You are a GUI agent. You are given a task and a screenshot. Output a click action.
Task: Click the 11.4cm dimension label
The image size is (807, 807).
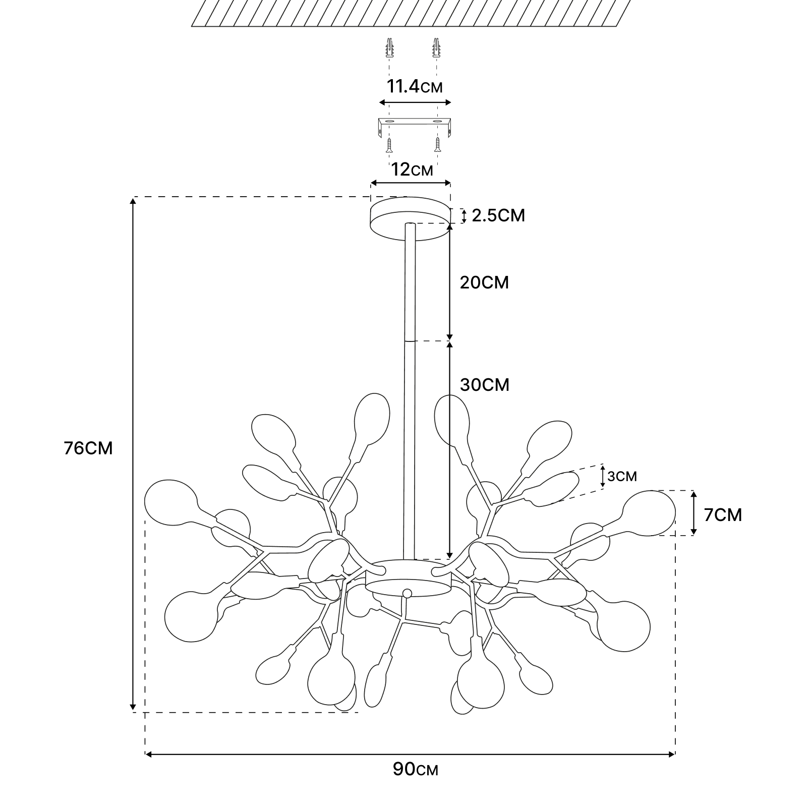[x=415, y=87]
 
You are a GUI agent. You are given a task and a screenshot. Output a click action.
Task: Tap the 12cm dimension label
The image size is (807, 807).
[x=412, y=169]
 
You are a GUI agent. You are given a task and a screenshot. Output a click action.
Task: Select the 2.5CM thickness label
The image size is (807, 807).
[x=498, y=215]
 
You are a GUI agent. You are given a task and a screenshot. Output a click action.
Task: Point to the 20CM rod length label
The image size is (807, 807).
[x=484, y=282]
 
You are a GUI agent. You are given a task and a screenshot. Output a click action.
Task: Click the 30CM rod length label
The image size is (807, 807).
[x=485, y=385]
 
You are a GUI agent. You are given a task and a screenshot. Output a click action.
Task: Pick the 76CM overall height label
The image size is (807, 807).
[x=88, y=448]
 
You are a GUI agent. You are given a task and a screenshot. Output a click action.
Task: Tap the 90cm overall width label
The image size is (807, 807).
[x=415, y=783]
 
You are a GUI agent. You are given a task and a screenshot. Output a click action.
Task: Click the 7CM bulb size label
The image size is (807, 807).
[x=723, y=515]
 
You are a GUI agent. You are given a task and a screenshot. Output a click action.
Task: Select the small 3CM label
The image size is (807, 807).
[x=622, y=476]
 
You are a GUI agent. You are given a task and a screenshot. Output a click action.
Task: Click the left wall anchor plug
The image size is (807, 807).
[x=389, y=49]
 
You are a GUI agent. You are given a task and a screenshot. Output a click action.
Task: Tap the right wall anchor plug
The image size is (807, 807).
[x=435, y=49]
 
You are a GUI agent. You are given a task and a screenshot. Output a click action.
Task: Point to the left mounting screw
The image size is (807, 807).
[x=389, y=145]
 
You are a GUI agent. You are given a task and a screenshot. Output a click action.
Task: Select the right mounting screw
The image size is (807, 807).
[x=437, y=145]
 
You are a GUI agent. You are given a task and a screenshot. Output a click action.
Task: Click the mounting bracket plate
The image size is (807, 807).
[x=415, y=123]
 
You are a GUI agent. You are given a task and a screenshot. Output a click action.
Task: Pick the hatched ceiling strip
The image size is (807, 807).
[x=411, y=13]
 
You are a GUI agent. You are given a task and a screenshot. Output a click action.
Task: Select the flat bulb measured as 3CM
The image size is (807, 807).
[x=552, y=488]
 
